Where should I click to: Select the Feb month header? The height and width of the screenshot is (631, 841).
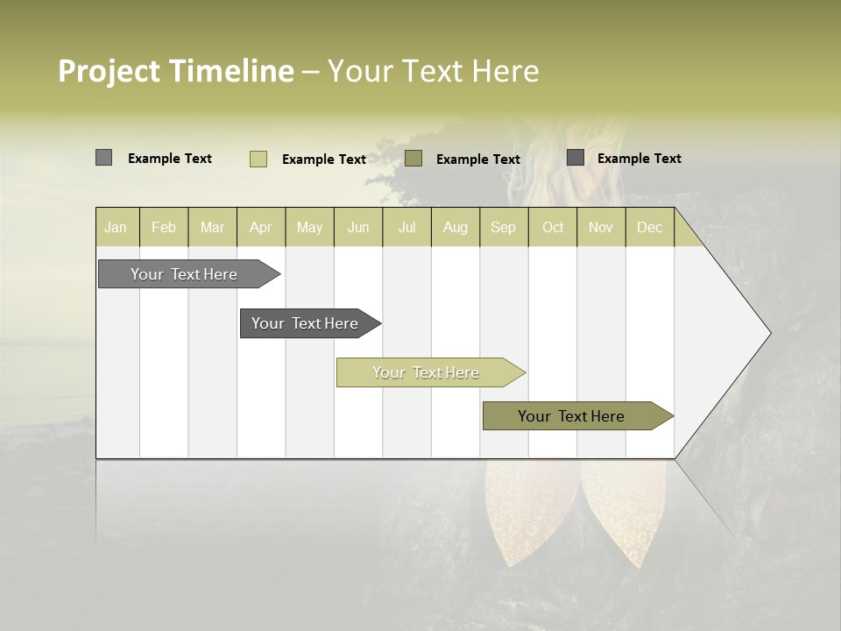[x=164, y=227]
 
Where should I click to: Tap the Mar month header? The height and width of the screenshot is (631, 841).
[x=212, y=227]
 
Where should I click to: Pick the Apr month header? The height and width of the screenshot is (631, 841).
[x=261, y=227]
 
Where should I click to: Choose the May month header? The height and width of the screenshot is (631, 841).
[x=309, y=227]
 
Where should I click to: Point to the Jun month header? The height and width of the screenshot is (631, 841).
[x=358, y=227]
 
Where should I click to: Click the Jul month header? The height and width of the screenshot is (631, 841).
[x=406, y=227]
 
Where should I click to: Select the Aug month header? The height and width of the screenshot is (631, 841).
[x=456, y=227]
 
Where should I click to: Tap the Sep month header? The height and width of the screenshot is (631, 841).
[x=504, y=227]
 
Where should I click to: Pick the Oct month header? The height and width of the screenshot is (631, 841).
[x=553, y=227]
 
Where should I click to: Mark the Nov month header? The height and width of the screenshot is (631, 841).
[x=601, y=227]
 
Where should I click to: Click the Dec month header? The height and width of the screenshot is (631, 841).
[x=649, y=227]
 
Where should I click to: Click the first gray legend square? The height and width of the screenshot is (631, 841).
[x=103, y=158]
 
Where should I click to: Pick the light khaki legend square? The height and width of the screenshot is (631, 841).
[x=258, y=159]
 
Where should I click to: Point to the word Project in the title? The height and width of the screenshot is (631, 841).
[x=110, y=71]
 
